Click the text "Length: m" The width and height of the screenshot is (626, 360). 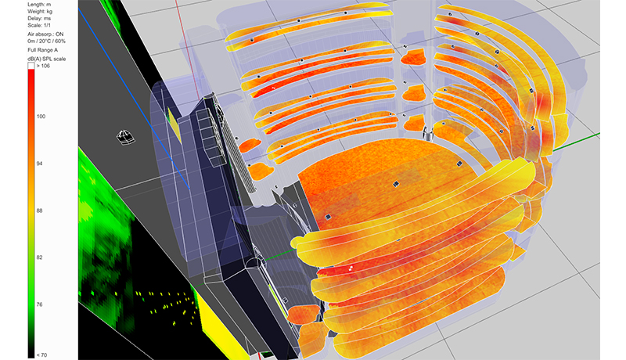coord(39,5)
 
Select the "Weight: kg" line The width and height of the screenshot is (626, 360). coord(40,12)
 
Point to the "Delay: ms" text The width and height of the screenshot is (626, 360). coord(39,18)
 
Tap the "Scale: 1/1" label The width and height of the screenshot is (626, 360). coord(39,26)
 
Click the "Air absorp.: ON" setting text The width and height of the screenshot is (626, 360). coord(45,34)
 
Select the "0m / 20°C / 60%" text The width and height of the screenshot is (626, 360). coord(47,41)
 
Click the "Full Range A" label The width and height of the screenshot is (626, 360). coord(43,50)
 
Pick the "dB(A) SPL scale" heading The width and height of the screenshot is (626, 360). coord(47,59)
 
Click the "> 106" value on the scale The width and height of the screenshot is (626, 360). coord(43,66)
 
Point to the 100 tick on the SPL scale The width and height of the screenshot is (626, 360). coord(41,117)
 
